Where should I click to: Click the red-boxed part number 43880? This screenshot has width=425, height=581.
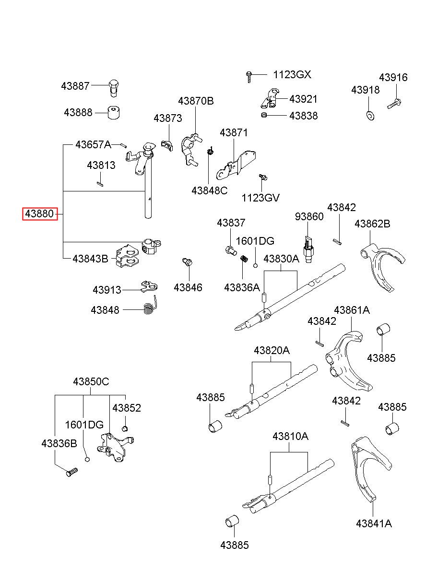39,214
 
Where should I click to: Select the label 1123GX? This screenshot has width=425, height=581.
292,75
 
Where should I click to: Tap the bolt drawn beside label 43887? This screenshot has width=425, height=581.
113,88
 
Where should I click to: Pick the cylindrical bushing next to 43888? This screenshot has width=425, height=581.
114,112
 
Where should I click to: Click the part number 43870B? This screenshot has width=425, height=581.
196,101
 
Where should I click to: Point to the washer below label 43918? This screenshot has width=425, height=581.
370,116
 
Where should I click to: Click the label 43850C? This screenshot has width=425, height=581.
91,381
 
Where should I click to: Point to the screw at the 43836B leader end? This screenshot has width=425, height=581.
72,472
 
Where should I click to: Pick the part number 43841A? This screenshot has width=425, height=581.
374,523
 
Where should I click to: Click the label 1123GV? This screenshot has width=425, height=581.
260,198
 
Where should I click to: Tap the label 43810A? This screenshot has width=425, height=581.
290,436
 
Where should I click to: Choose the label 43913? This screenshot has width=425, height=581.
107,290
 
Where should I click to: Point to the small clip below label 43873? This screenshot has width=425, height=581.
166,145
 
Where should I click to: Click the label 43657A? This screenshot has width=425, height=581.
94,144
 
